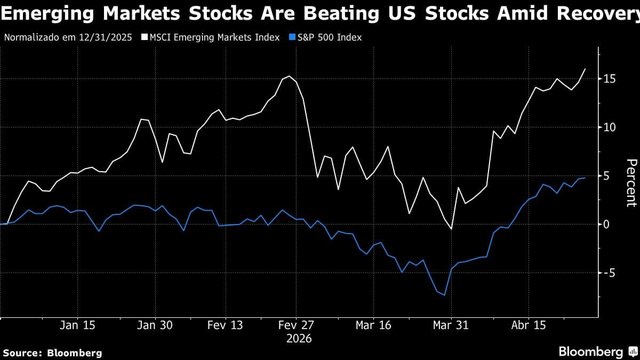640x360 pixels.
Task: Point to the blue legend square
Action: point(291,37)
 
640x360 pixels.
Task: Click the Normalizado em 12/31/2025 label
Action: point(69,37)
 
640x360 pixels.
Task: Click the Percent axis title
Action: point(631,182)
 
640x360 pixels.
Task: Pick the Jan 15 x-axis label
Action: point(78,325)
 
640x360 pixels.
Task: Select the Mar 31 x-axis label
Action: point(451,325)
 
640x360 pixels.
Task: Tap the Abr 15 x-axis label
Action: point(528,325)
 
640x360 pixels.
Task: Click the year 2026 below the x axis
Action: point(299,339)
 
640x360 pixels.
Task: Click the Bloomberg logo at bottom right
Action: point(597,352)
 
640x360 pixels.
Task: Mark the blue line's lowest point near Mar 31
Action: point(444,295)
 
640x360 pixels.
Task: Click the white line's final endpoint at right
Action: point(585,69)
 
